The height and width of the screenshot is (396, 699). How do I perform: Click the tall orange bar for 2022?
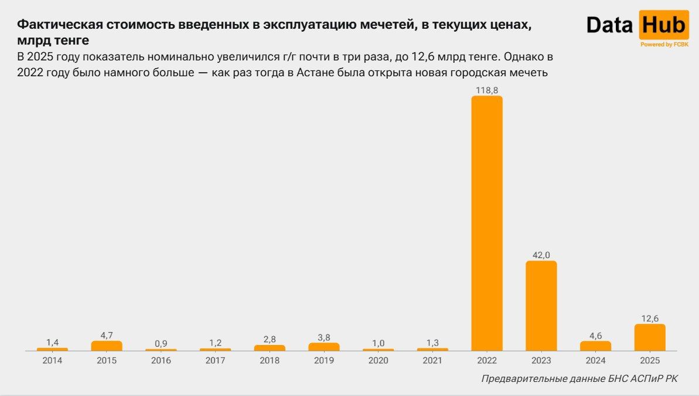[x=487, y=223]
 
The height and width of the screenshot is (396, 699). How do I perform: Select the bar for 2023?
[x=541, y=306]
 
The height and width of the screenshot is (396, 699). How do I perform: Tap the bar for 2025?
[x=650, y=337]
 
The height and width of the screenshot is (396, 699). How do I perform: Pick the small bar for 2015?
[x=107, y=346]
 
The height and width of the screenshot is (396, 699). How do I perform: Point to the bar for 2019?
[x=324, y=347]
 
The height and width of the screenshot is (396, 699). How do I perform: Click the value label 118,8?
[x=487, y=90]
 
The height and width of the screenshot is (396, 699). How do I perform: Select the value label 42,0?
[x=541, y=255]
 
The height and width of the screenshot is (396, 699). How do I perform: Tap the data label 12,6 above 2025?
[x=650, y=319]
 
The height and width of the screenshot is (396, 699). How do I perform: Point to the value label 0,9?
[x=161, y=344]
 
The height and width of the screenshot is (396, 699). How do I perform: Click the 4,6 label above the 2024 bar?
[x=595, y=336]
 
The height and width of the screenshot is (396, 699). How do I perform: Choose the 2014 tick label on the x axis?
[x=52, y=360]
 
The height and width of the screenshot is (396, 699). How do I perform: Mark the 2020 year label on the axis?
[x=378, y=360]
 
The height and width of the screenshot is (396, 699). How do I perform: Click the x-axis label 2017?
[x=215, y=360]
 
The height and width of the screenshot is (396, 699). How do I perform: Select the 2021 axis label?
[x=432, y=360]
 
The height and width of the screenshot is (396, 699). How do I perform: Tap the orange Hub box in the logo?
[x=663, y=25]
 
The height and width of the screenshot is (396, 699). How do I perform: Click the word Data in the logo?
[x=610, y=25]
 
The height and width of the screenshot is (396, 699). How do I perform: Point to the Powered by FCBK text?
[x=664, y=44]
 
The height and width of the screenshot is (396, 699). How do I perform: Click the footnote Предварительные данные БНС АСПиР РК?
[x=579, y=379]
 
